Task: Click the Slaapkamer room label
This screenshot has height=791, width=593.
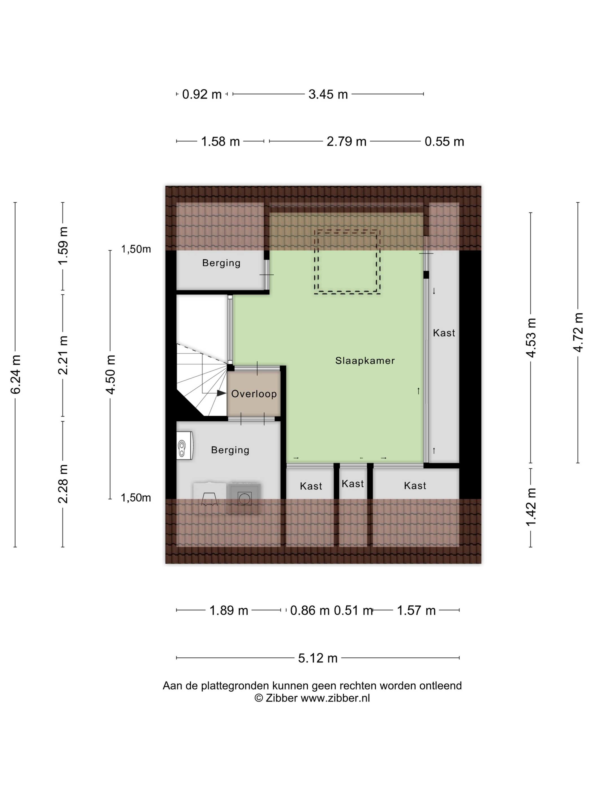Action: click(365, 360)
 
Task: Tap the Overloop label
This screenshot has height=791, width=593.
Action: click(254, 394)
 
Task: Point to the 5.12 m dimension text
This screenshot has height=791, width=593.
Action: click(318, 658)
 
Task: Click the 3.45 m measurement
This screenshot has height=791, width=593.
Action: click(328, 94)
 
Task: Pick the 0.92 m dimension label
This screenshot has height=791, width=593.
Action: click(202, 94)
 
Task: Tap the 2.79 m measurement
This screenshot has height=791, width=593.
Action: click(346, 142)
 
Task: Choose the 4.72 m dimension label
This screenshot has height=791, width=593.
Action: click(578, 332)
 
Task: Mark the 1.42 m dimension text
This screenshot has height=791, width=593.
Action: click(531, 507)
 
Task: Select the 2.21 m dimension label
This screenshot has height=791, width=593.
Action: click(63, 355)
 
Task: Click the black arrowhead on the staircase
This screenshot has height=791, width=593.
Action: click(222, 393)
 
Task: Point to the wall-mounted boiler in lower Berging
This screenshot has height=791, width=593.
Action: click(185, 445)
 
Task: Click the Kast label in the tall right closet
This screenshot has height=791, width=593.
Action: click(444, 333)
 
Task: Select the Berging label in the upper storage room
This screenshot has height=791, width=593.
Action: click(221, 263)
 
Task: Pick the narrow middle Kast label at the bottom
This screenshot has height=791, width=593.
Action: click(353, 484)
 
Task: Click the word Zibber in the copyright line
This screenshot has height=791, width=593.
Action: click(281, 698)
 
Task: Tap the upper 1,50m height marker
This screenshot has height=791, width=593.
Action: click(136, 249)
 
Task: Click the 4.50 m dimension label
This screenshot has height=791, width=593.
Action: click(110, 374)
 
